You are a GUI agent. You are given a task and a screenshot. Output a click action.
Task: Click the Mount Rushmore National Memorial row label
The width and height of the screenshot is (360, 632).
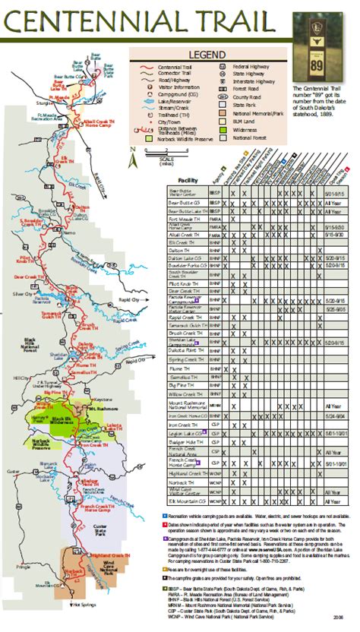click(185, 406)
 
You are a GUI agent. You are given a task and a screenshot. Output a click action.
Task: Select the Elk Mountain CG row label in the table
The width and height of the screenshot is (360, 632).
click(185, 502)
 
